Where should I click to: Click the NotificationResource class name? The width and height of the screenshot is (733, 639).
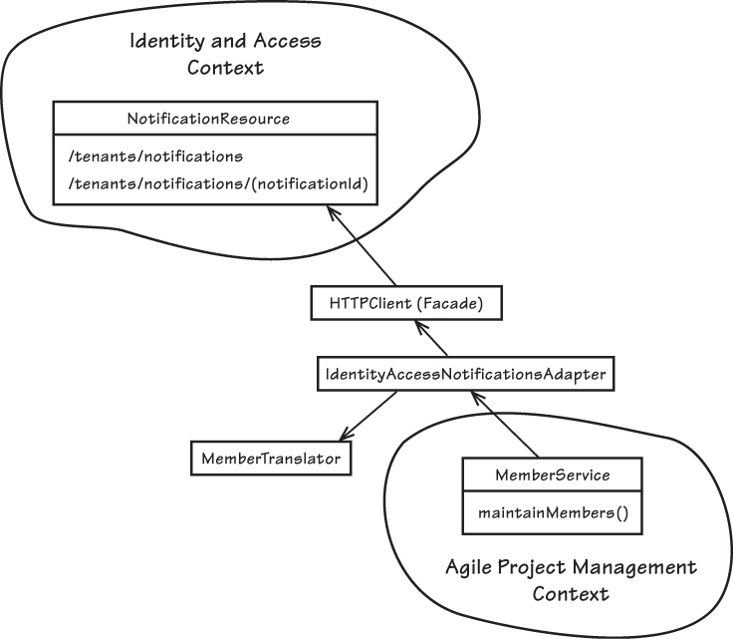tap(208, 119)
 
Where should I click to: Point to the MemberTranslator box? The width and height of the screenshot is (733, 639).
tap(270, 459)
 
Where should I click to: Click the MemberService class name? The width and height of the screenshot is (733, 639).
tap(552, 475)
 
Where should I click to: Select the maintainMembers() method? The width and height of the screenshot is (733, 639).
tap(552, 514)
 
